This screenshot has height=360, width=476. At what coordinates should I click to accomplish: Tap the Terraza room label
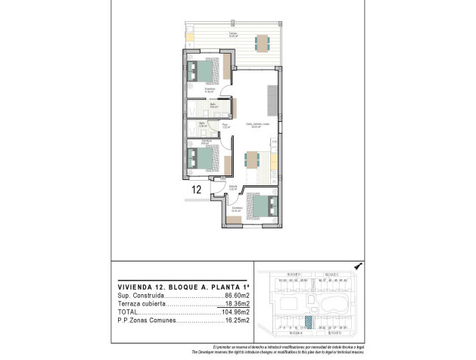[x=234, y=33]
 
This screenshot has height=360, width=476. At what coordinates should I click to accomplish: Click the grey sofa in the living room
[x=272, y=99]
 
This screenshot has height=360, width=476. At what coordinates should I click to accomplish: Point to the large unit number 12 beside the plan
[x=196, y=191]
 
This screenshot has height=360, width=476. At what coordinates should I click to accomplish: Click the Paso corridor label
[x=225, y=126]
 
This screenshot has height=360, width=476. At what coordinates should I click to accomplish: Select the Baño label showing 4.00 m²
[x=213, y=106]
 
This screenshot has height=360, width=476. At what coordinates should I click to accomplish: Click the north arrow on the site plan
[x=358, y=265]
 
